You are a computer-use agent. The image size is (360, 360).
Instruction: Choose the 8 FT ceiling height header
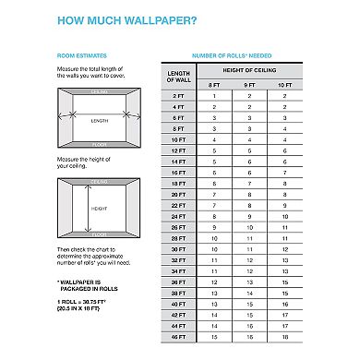[x=213, y=86]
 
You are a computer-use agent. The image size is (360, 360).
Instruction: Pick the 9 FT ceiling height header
[x=248, y=86]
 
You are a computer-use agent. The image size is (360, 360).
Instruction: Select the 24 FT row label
[x=177, y=216]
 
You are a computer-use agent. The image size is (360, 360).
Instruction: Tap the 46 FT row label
[x=177, y=336]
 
